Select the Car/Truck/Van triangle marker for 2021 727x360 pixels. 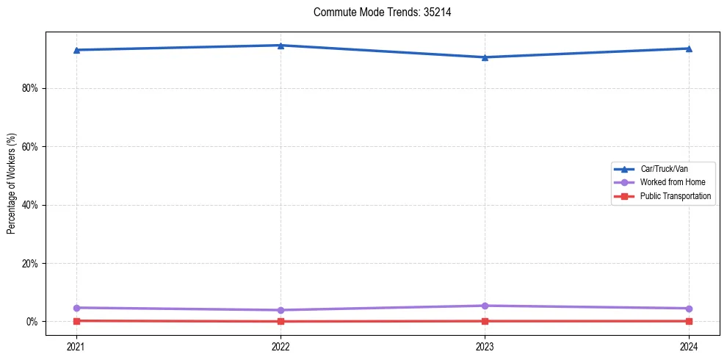pos(76,50)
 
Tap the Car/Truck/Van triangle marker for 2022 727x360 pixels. pos(281,46)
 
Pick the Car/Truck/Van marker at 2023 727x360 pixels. pos(485,57)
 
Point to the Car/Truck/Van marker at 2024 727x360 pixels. pos(689,48)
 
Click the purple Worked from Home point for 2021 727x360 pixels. pos(76,308)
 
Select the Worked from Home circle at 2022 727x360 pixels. pos(281,310)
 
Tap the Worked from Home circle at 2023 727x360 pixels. pos(485,306)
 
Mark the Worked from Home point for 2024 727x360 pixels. pos(689,309)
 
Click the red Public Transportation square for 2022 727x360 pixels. pos(281,321)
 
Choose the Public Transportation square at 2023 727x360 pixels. pos(485,321)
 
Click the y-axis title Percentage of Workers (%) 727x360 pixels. pos(12,184)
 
